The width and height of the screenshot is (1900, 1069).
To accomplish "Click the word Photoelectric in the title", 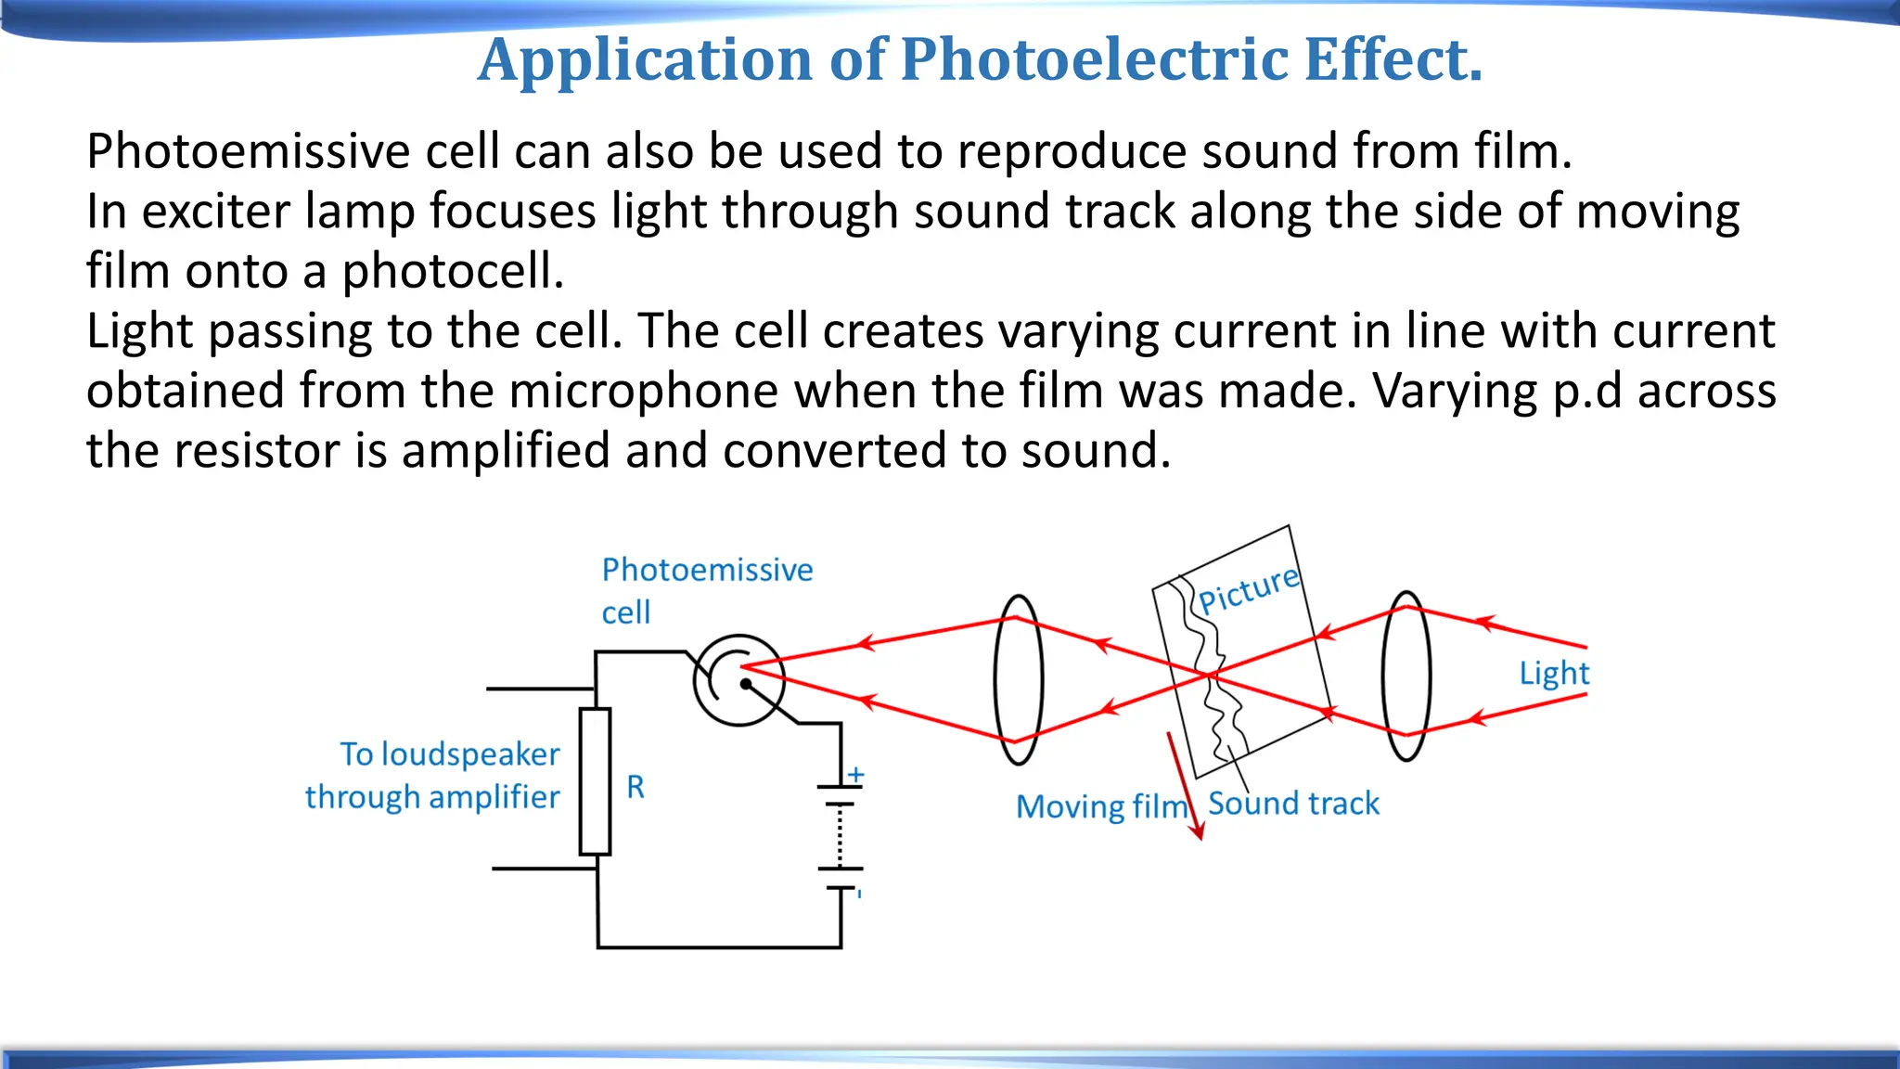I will tap(1095, 59).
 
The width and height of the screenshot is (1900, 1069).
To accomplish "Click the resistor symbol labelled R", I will tap(595, 781).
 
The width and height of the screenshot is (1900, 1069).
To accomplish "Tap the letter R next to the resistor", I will tap(635, 787).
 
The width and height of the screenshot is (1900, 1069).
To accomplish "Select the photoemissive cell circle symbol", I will tap(738, 680).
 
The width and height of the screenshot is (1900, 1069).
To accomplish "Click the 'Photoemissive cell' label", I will tap(707, 590).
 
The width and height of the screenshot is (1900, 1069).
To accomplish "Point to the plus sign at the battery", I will tap(856, 774).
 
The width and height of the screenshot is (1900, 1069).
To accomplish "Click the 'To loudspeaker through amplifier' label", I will tap(433, 776).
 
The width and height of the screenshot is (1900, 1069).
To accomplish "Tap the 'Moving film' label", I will tap(1101, 806).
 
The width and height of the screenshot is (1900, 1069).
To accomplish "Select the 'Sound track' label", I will tap(1293, 804).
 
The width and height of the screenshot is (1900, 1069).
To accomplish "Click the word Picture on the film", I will tap(1249, 589).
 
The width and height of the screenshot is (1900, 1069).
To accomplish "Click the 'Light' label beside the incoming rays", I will tap(1554, 673).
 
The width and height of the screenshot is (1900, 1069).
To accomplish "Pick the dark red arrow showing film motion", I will tap(1185, 785).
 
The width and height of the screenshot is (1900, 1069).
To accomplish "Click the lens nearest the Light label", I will tap(1406, 676).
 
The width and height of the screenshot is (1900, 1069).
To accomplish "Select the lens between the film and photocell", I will tap(1019, 679).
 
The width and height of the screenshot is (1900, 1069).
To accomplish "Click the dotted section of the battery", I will tap(840, 836).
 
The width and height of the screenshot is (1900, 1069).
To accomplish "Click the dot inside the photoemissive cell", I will tap(746, 684).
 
